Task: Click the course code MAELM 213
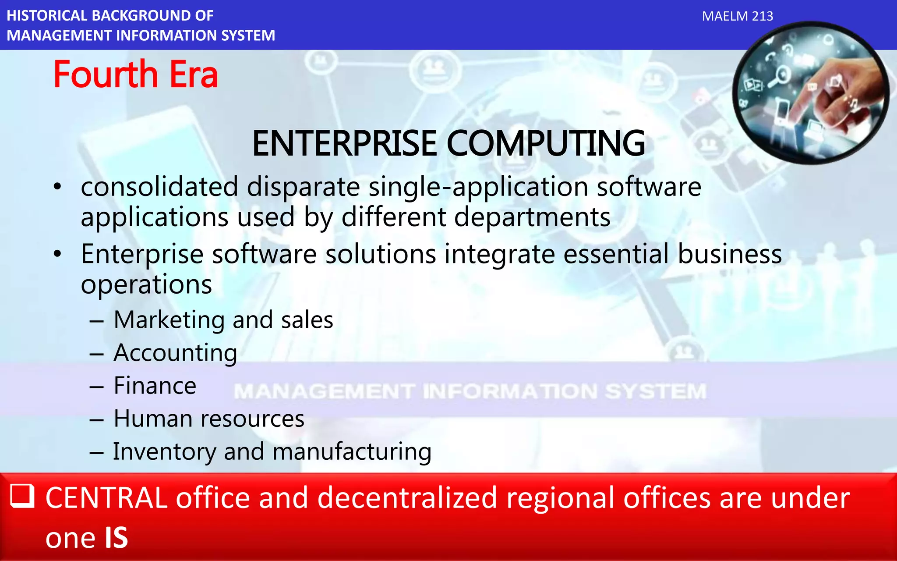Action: click(737, 16)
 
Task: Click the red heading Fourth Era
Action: click(135, 75)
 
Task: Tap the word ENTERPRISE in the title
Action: click(344, 143)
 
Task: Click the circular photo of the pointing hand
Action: click(810, 93)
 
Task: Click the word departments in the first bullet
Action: click(532, 217)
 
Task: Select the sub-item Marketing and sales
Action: click(223, 320)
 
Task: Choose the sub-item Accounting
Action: click(175, 353)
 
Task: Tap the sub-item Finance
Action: click(155, 386)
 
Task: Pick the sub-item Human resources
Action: click(209, 419)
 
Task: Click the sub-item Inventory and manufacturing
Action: click(272, 451)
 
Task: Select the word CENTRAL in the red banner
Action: click(106, 498)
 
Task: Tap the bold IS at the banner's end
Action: click(116, 538)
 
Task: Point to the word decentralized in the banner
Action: click(407, 498)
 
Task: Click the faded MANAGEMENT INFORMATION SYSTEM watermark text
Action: click(470, 391)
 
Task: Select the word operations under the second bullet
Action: click(146, 285)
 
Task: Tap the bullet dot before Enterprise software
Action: click(57, 254)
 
